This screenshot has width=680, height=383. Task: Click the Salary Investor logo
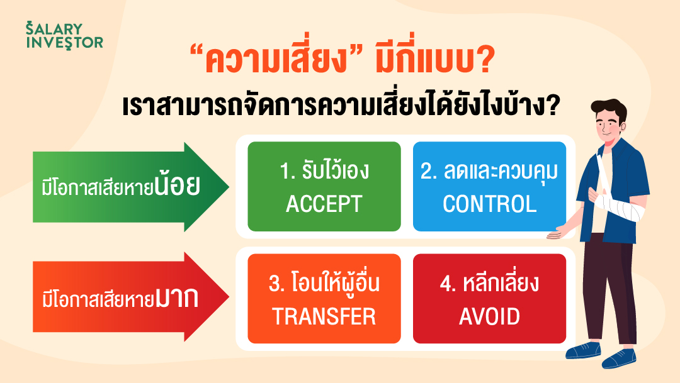pos(64,35)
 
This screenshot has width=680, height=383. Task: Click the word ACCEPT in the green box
pos(324,204)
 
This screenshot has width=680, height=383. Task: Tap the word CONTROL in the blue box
pos(490,204)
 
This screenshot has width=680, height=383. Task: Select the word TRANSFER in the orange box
pos(324,316)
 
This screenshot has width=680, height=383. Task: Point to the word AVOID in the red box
pos(490,316)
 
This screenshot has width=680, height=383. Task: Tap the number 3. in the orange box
pos(277,284)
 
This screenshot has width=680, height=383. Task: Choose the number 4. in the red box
pos(448,284)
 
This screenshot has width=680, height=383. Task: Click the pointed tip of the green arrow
pos(229,187)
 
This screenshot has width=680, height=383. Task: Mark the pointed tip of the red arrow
pos(229,297)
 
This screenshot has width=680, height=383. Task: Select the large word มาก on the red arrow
pos(177,298)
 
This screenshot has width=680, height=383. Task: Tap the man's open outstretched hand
pos(560,233)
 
